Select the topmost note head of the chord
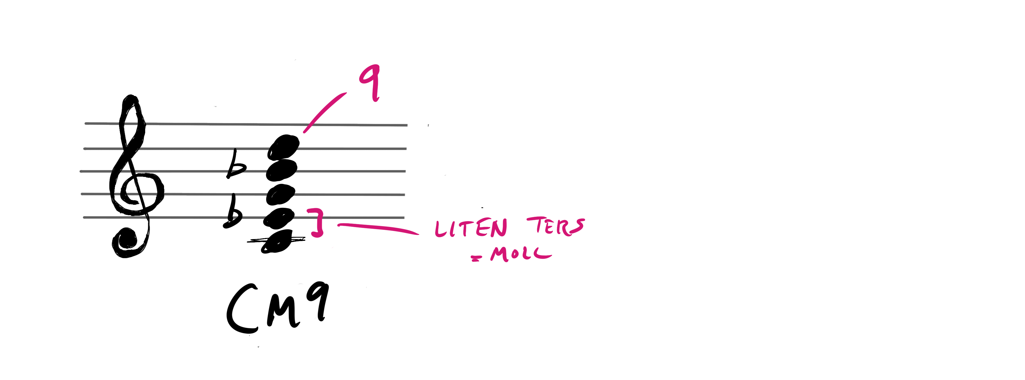click(x=283, y=147)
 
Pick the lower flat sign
click(x=232, y=212)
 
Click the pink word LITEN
click(x=471, y=228)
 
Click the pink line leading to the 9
click(x=324, y=112)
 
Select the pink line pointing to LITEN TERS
click(x=378, y=228)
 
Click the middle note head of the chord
click(x=281, y=195)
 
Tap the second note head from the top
click(x=282, y=170)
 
